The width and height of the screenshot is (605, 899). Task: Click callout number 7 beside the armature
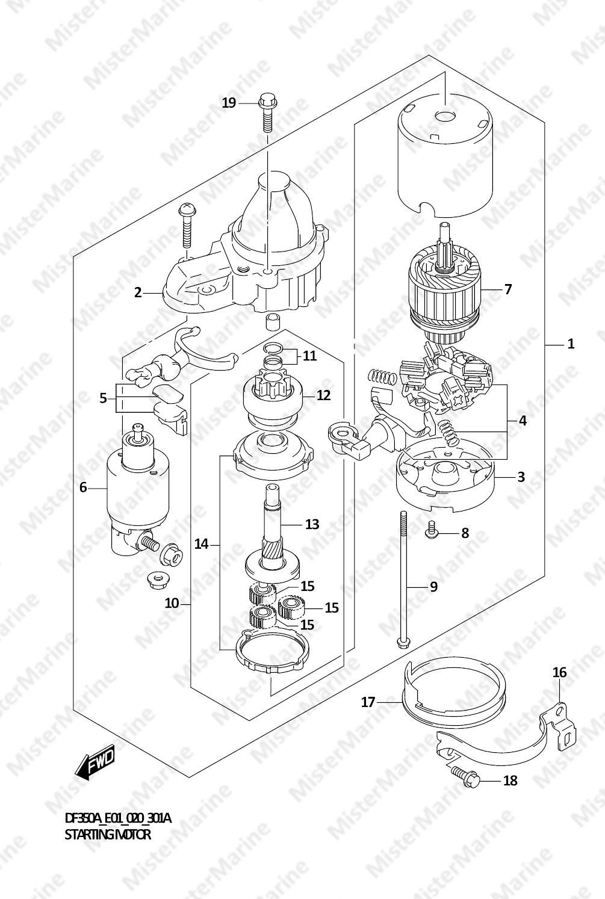508,289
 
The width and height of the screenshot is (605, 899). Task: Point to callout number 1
571,344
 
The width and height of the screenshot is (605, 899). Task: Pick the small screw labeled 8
432,530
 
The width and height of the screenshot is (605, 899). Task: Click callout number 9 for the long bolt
433,587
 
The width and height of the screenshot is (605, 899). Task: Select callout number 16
560,672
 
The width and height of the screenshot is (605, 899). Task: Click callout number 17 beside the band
368,702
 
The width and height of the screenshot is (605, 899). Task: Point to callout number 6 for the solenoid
83,487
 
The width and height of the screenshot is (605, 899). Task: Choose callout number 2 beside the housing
138,293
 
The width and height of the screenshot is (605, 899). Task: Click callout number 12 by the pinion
324,395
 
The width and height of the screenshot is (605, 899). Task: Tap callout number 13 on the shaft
312,524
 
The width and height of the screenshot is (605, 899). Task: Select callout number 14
202,544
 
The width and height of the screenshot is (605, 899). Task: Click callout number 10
172,603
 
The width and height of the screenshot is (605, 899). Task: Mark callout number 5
103,398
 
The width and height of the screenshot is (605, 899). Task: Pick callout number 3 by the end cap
521,477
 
